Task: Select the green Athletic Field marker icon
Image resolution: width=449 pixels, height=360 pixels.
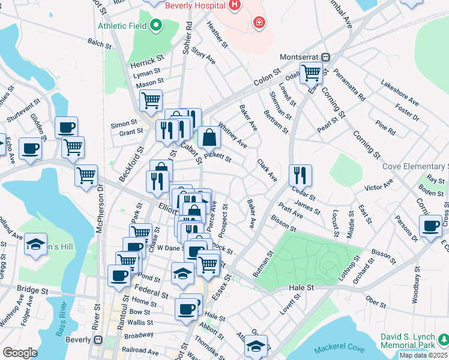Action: point(156,25)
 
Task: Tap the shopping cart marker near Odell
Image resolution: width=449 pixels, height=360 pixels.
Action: point(311,73)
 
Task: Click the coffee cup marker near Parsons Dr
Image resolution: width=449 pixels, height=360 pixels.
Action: point(430,227)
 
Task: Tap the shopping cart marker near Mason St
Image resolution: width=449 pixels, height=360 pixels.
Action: point(151,100)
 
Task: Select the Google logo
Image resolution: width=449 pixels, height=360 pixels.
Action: point(20,352)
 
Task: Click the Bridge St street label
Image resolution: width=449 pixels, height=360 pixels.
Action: point(34,290)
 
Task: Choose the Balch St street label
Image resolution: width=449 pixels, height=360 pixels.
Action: point(100,44)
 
